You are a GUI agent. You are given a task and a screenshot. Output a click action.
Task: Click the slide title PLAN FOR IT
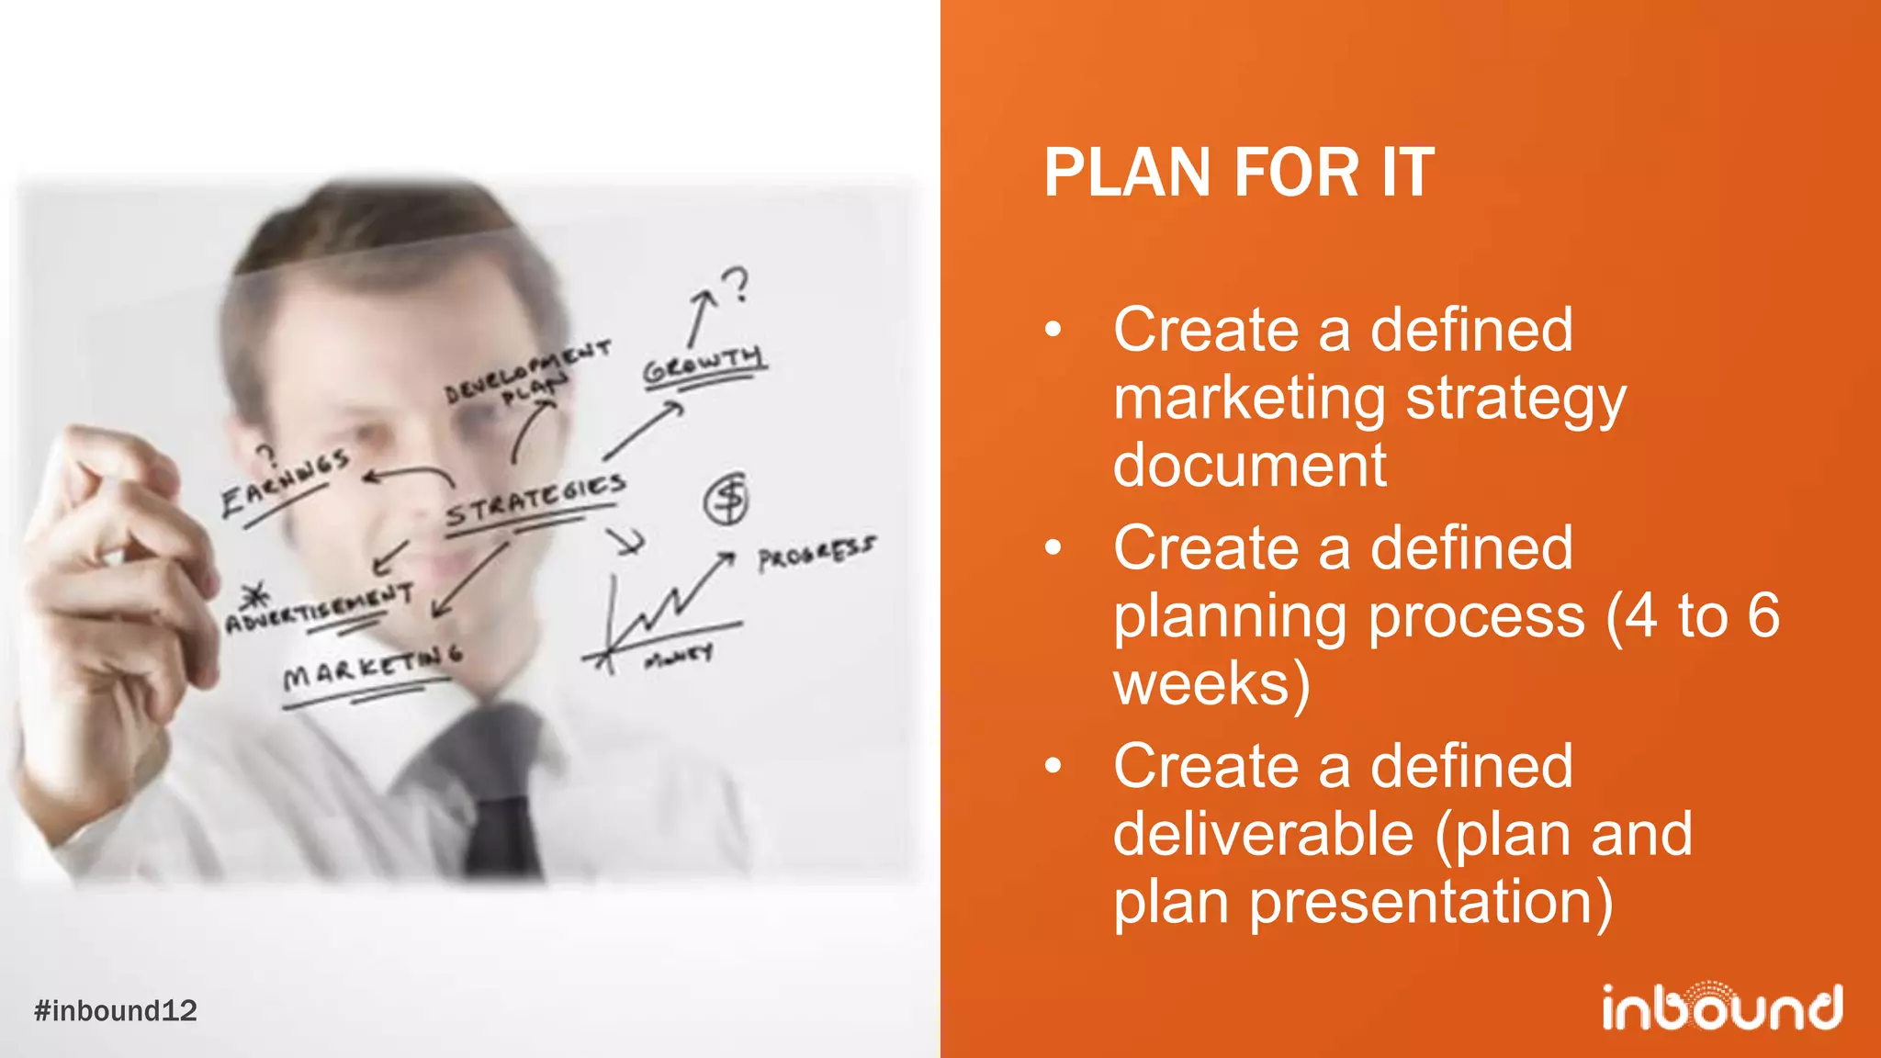click(x=1238, y=173)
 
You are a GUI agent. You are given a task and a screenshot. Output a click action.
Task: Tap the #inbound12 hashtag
click(x=116, y=1010)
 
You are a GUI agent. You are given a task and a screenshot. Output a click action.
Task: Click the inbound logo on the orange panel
click(x=1721, y=1007)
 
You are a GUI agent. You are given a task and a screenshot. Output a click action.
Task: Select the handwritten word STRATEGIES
click(x=536, y=501)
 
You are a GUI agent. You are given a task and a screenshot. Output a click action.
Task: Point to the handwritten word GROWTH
click(x=704, y=366)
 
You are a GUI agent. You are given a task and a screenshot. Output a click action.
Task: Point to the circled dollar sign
click(x=726, y=500)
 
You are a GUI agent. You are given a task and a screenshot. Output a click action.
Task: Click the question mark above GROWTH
click(x=736, y=285)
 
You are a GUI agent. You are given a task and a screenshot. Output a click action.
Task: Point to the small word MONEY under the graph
click(x=679, y=656)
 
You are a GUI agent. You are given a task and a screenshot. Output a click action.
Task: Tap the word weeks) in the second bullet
click(x=1211, y=684)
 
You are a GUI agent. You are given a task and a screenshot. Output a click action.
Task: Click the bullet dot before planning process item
click(x=1053, y=548)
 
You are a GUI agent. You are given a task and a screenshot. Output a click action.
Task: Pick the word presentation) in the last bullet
click(x=1429, y=902)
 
